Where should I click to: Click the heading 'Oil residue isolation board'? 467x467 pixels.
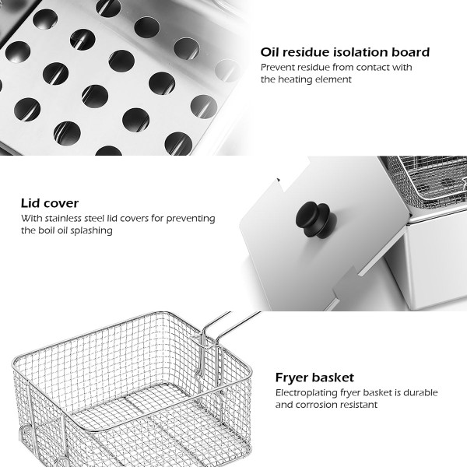point(345,52)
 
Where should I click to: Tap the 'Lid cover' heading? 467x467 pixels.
point(50,203)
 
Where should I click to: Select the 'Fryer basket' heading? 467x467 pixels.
point(314,377)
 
